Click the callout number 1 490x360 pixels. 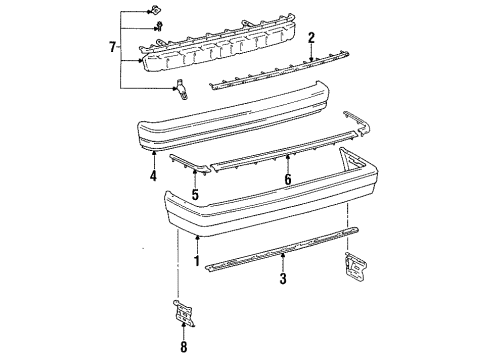tap(197, 261)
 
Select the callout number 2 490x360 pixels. tap(311, 38)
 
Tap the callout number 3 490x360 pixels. tap(283, 279)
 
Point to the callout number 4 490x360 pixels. tap(153, 176)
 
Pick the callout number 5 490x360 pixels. tap(195, 194)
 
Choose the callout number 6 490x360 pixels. tap(288, 179)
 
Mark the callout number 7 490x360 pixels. tap(113, 47)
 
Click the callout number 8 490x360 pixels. tap(184, 347)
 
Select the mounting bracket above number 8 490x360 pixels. tap(184, 312)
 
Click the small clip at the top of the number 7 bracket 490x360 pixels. tap(154, 10)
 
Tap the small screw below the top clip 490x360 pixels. tap(160, 26)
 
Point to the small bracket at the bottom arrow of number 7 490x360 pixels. tap(181, 89)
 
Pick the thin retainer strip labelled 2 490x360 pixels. tap(279, 70)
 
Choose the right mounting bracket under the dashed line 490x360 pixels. tap(356, 268)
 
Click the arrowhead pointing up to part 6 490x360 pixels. tap(288, 156)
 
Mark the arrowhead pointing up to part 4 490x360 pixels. tap(154, 152)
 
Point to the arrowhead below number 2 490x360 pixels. tap(311, 59)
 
